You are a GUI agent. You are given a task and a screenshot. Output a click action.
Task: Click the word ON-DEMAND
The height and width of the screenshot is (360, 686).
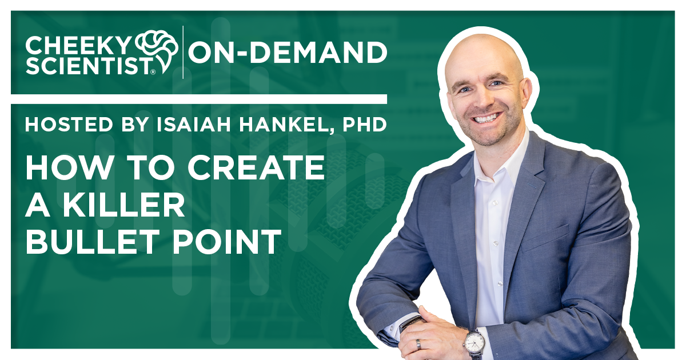tap(288, 53)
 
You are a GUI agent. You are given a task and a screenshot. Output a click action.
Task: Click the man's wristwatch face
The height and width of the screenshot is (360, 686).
tap(474, 342)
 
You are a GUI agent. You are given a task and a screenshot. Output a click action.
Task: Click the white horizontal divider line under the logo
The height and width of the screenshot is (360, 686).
tap(198, 99)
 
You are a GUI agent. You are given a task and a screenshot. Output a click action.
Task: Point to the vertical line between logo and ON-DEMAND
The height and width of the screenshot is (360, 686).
tap(183, 52)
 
